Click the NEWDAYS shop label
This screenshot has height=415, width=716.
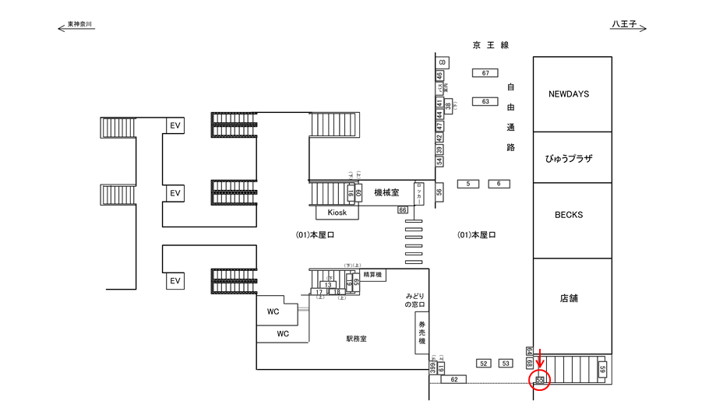[x=568, y=93]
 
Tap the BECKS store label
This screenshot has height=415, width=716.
[x=568, y=215]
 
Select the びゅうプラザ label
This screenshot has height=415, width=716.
[x=568, y=158]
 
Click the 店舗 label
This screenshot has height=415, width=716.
[x=568, y=297]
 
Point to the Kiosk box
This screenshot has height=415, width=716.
[x=337, y=213]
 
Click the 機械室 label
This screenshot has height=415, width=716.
[x=386, y=192]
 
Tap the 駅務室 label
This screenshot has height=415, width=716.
[x=356, y=339]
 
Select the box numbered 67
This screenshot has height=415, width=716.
[x=485, y=73]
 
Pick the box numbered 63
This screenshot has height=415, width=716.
[x=485, y=101]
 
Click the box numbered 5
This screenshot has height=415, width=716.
[x=467, y=184]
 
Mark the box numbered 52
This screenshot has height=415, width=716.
[x=483, y=364]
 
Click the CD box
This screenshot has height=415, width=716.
[x=441, y=62]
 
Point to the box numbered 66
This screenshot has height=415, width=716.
[x=403, y=210]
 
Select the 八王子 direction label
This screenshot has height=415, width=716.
[x=623, y=26]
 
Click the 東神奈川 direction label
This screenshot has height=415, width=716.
[x=79, y=26]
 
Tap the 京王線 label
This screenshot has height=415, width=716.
[x=490, y=46]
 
